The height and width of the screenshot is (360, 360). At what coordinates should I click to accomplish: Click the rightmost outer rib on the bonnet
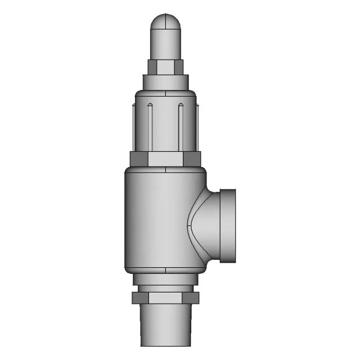click(197, 127)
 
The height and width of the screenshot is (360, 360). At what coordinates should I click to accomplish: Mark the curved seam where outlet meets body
click(188, 225)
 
